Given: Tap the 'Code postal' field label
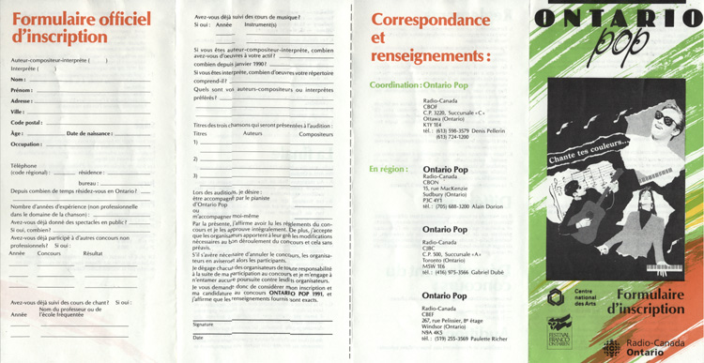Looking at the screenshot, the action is coord(26,122).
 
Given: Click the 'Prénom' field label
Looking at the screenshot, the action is coord(22,90).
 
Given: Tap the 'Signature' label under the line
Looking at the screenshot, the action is coord(204,325).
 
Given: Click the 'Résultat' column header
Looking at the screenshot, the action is coord(93,253).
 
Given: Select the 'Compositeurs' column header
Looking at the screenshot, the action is coord(315,134).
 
